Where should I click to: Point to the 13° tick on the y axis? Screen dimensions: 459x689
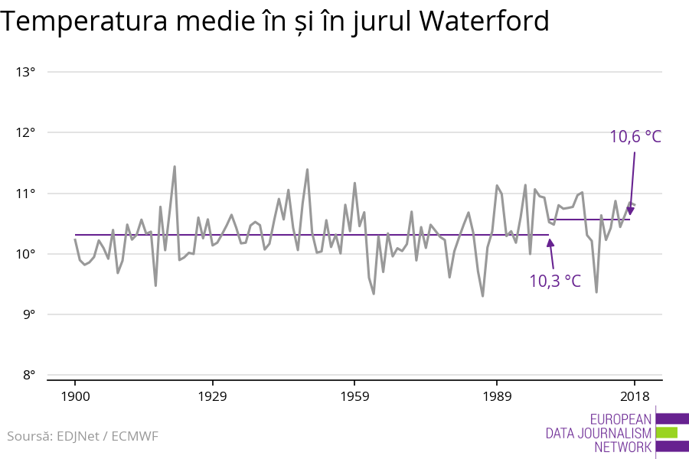[26, 72]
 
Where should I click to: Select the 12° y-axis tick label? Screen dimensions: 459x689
[26, 132]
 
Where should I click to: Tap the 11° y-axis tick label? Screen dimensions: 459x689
[26, 193]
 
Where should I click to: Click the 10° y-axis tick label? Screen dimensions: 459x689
[26, 254]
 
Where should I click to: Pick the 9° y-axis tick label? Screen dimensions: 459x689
[28, 314]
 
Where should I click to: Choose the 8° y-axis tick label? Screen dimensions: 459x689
[28, 375]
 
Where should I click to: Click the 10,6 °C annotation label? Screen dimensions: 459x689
[635, 137]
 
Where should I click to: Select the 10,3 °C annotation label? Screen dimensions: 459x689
[555, 281]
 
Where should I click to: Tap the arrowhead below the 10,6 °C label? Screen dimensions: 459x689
[631, 210]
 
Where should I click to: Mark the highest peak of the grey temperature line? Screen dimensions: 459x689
[175, 166]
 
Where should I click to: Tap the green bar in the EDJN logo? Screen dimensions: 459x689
[667, 432]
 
